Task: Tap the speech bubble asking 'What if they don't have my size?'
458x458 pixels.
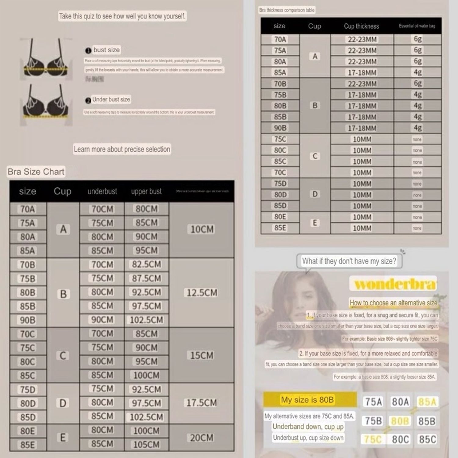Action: [x=349, y=261]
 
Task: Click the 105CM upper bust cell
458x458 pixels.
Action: [x=147, y=444]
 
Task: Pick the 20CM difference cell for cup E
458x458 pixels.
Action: [x=202, y=438]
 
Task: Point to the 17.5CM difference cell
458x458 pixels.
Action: [x=202, y=403]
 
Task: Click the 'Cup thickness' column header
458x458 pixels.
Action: [x=362, y=26]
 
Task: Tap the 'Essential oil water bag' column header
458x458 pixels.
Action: [x=417, y=26]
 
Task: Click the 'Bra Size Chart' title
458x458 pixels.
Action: [x=36, y=172]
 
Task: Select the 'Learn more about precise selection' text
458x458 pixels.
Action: [x=122, y=149]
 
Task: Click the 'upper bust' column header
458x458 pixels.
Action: [x=147, y=191]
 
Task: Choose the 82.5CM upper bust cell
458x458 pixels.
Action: [x=147, y=264]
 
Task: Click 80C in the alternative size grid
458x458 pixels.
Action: [x=400, y=439]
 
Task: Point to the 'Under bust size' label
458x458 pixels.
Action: [x=111, y=100]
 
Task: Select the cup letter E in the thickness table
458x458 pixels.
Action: [x=315, y=223]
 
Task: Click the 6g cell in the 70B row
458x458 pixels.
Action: [x=417, y=83]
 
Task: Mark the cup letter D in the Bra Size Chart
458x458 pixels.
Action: [x=63, y=403]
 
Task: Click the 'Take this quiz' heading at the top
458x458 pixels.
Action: [x=122, y=16]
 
